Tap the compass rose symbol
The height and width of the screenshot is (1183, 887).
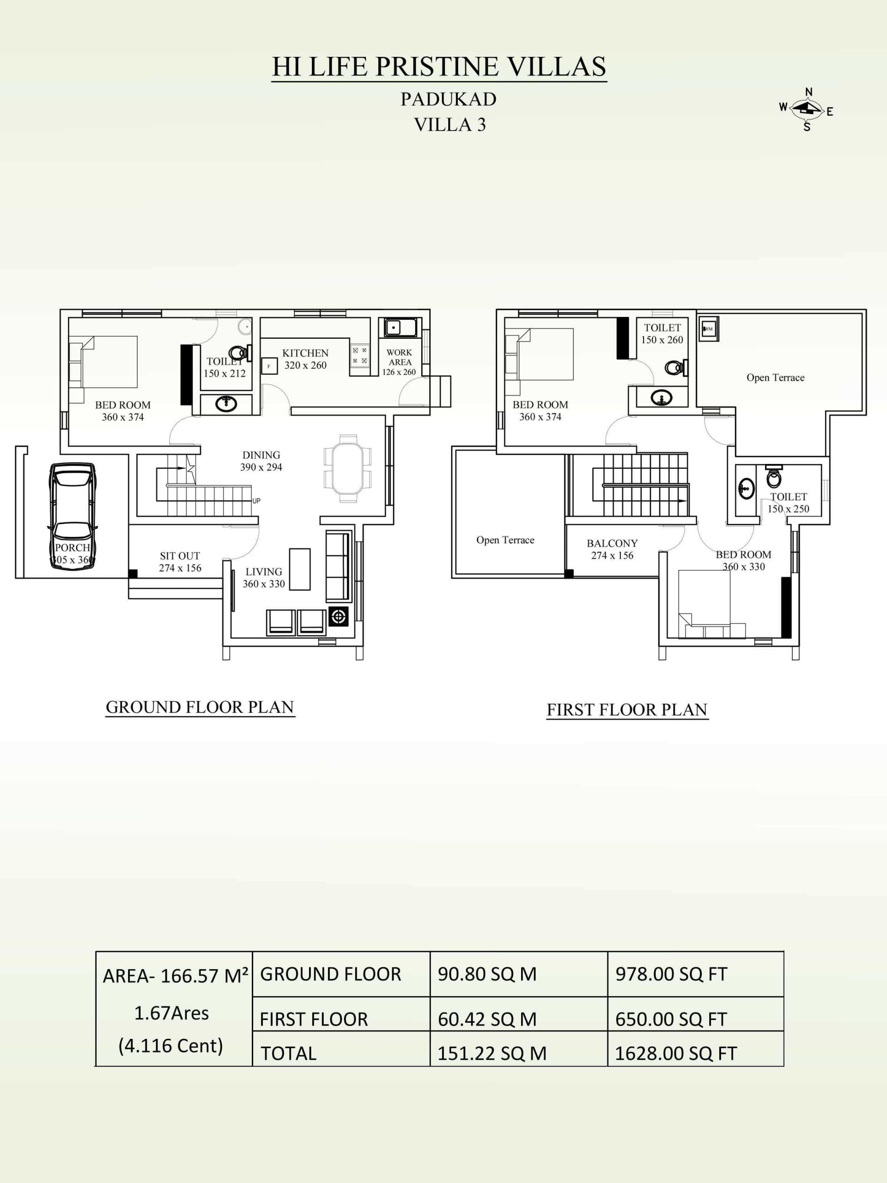tap(808, 110)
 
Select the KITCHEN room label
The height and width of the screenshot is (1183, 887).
tap(305, 353)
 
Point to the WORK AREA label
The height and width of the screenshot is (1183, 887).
tap(400, 357)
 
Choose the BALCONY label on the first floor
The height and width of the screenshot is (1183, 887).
tap(612, 543)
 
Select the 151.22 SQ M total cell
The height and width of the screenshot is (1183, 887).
tap(492, 1054)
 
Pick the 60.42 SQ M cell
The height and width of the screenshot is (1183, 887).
tap(487, 1019)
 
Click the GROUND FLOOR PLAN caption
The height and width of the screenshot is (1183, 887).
tap(200, 707)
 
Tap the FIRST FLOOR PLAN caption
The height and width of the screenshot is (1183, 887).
tap(627, 710)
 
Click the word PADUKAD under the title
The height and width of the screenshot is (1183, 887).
tap(449, 99)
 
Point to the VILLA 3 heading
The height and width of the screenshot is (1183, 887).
tap(450, 125)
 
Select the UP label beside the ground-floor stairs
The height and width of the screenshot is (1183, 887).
tap(257, 501)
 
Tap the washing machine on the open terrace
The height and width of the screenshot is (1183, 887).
tap(709, 329)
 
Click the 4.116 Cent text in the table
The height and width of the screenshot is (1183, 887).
tap(170, 1046)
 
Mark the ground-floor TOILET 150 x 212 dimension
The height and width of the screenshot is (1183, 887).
tap(225, 373)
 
